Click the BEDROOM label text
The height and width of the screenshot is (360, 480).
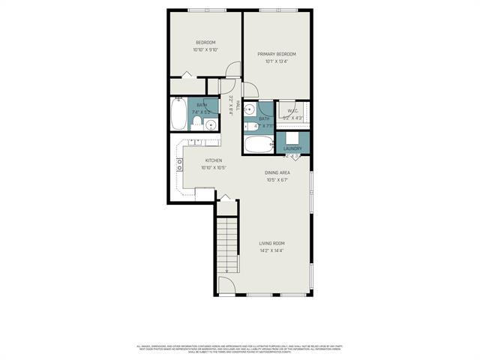(x=205, y=42)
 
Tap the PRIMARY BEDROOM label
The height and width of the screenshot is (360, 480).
(x=277, y=54)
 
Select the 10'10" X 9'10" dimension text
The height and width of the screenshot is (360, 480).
(x=205, y=50)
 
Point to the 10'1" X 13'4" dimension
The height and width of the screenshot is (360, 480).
(x=277, y=62)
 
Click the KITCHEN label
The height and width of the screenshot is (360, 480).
(x=213, y=160)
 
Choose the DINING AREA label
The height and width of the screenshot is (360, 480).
(x=277, y=172)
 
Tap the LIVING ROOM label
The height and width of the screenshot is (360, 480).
(x=271, y=243)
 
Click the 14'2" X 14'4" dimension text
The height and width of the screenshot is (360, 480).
(x=271, y=250)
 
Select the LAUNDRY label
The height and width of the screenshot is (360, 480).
(x=292, y=148)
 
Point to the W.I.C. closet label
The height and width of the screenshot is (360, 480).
(x=292, y=110)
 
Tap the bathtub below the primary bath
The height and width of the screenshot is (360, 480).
(x=259, y=144)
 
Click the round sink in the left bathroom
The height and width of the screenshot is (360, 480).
(x=211, y=124)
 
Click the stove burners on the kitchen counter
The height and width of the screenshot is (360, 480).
(x=180, y=165)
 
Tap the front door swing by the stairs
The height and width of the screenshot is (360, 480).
(x=226, y=286)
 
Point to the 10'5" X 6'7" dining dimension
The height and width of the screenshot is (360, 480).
(x=277, y=180)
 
